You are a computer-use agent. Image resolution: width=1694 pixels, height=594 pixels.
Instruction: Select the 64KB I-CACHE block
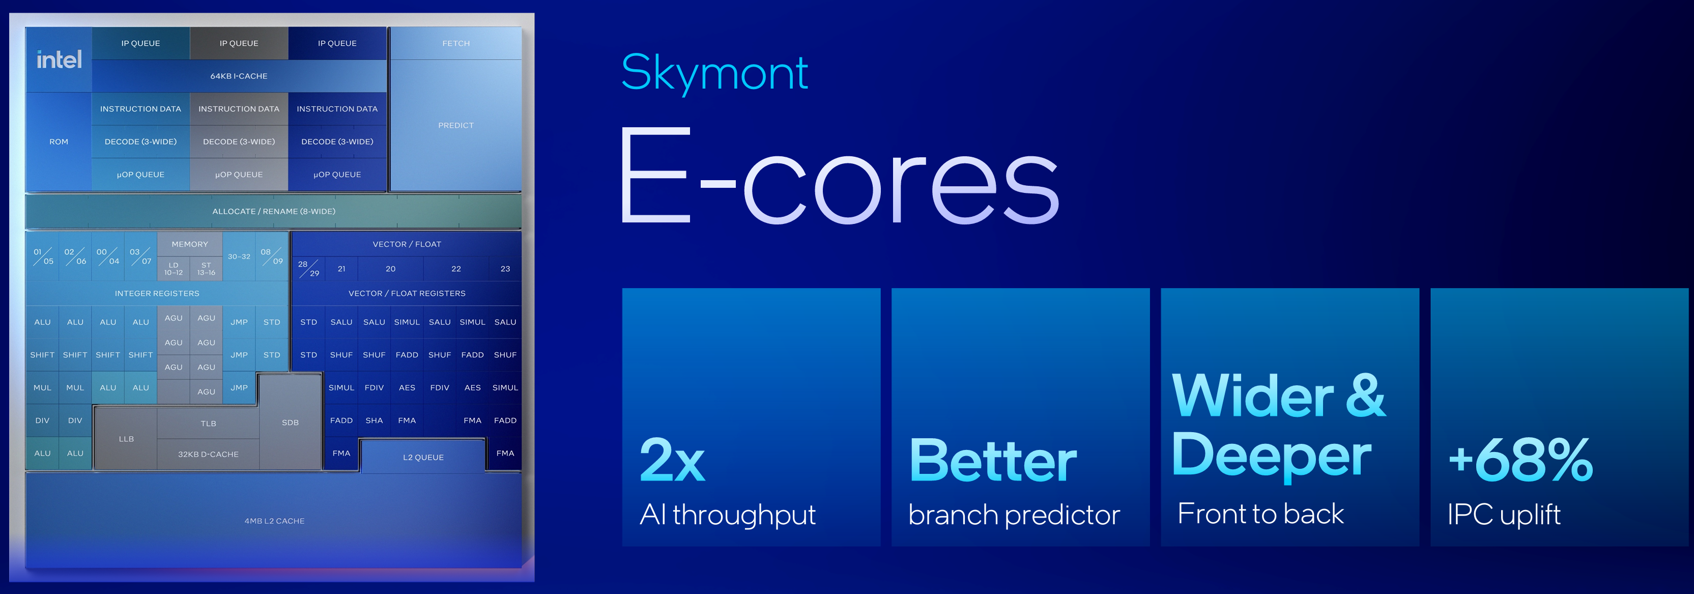239,76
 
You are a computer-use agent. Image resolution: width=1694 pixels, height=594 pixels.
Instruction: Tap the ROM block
59,142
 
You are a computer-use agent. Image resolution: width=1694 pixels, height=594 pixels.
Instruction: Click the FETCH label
456,43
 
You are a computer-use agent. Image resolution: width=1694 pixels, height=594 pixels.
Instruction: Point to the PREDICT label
456,125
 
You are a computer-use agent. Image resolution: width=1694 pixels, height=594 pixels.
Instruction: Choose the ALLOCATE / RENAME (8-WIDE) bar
274,211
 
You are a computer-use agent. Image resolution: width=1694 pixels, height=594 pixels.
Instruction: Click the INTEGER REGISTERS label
157,293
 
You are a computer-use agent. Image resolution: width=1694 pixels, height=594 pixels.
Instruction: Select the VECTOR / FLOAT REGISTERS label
407,293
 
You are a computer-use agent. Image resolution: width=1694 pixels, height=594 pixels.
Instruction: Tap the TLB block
209,423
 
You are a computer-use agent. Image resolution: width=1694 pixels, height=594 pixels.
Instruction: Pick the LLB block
126,439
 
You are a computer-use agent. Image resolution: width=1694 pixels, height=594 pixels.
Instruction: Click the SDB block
290,422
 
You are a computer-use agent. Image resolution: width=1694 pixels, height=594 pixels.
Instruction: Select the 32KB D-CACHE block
209,455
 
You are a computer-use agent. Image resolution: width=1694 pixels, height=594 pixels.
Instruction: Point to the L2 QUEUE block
423,457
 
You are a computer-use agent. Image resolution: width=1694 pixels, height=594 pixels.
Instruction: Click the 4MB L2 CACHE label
274,521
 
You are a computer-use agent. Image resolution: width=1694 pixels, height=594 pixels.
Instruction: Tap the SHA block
374,420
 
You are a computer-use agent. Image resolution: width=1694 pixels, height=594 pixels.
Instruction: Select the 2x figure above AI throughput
672,461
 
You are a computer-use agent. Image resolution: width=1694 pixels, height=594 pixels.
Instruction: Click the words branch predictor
1014,515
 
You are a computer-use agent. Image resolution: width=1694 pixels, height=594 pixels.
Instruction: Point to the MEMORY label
190,244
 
